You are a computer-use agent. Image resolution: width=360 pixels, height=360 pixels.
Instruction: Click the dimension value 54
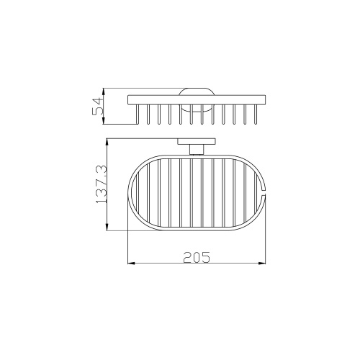tap(98, 106)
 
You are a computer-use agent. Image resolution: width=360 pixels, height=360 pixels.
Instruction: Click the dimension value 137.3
tap(102, 184)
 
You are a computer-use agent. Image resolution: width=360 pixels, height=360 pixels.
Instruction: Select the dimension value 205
tap(197, 257)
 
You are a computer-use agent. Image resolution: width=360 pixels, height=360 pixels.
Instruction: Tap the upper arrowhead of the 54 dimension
tap(104, 92)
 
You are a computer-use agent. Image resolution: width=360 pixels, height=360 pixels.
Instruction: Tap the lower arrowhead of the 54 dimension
tap(104, 120)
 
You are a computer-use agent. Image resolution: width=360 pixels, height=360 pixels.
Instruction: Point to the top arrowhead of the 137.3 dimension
tap(107, 143)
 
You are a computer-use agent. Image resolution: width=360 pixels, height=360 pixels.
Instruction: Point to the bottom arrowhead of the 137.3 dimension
tap(107, 227)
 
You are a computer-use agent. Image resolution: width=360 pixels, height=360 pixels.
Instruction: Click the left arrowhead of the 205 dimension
tap(131, 264)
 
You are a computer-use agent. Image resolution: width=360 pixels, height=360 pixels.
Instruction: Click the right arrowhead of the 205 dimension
tap(262, 264)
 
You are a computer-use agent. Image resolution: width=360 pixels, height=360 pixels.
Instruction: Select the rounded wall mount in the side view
tap(197, 100)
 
